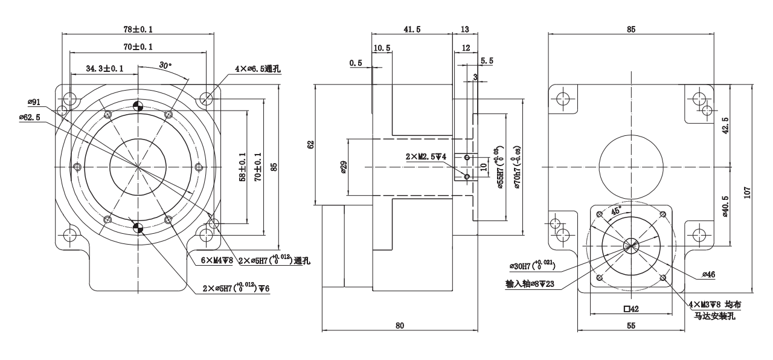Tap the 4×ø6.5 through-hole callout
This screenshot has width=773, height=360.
(x=258, y=69)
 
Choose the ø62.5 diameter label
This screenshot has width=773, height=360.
(x=30, y=117)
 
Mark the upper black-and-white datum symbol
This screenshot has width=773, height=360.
(x=138, y=105)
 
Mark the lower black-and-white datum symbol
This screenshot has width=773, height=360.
(x=138, y=227)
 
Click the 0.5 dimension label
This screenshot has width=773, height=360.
(x=356, y=62)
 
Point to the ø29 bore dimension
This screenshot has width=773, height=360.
(x=343, y=166)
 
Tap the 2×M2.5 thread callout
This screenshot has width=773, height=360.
(x=426, y=156)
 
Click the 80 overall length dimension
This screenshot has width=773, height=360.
(x=399, y=325)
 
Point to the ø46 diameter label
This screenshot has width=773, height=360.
(x=708, y=275)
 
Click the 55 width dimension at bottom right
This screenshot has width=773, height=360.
(x=631, y=326)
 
